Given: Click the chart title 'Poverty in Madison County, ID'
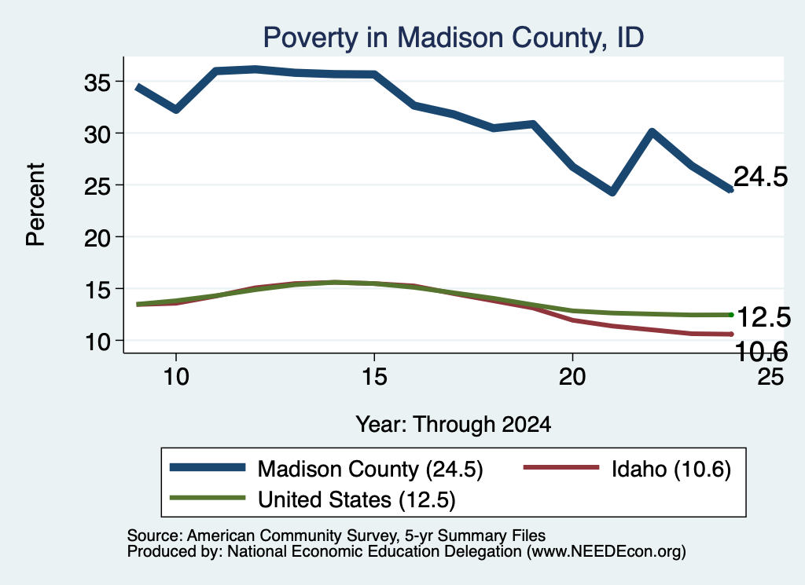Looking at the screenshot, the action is click(x=454, y=38).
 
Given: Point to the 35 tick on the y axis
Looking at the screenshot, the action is click(x=97, y=82).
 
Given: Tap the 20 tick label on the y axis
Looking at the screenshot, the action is click(x=97, y=238).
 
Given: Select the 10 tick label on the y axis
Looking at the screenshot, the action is click(x=97, y=342).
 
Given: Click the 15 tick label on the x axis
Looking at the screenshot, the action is click(x=374, y=377).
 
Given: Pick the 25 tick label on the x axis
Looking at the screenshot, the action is click(x=770, y=377).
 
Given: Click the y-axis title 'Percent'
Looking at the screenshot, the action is click(x=35, y=205).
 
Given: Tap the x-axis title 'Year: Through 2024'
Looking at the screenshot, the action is click(x=454, y=425).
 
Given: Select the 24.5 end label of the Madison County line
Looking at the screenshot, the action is click(x=760, y=177).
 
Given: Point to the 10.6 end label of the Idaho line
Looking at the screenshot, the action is click(x=761, y=352).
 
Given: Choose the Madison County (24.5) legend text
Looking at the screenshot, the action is click(x=370, y=470).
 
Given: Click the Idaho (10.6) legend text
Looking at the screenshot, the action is click(x=671, y=470).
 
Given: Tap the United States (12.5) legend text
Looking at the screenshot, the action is click(x=357, y=500).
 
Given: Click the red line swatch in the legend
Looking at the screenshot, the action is click(x=561, y=467).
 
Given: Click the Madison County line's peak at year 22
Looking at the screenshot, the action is click(x=652, y=133).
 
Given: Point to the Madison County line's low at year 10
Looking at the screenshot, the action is click(x=176, y=109).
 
